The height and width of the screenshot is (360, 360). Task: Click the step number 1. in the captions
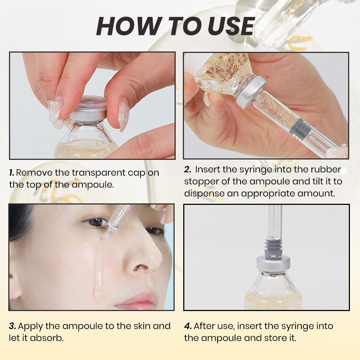pos(12,172)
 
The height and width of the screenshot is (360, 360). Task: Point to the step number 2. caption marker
pos(188,170)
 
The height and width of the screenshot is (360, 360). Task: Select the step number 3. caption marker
pos(12,326)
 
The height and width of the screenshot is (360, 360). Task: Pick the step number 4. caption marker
pos(188,326)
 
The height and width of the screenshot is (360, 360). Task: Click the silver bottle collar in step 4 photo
pos(274,265)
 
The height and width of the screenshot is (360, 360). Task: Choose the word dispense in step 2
pos(204,193)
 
